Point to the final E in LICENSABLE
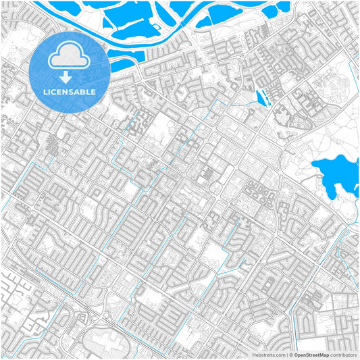point(93,91)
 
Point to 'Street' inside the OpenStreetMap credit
point(313,354)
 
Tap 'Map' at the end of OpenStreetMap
point(325,354)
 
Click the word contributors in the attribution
point(344,354)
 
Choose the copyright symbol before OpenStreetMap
point(290,354)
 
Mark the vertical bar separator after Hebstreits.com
point(286,354)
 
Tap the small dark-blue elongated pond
point(263,99)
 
